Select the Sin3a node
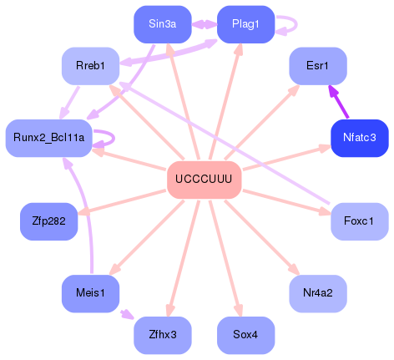(163, 24)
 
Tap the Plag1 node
(246, 24)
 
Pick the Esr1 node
(317, 65)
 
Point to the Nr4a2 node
(317, 293)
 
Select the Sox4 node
(245, 334)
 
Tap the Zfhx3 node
(163, 334)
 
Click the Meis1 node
(90, 293)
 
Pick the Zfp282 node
(48, 221)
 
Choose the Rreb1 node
(90, 65)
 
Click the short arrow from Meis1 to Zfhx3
(126, 314)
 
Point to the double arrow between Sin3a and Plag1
(205, 24)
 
